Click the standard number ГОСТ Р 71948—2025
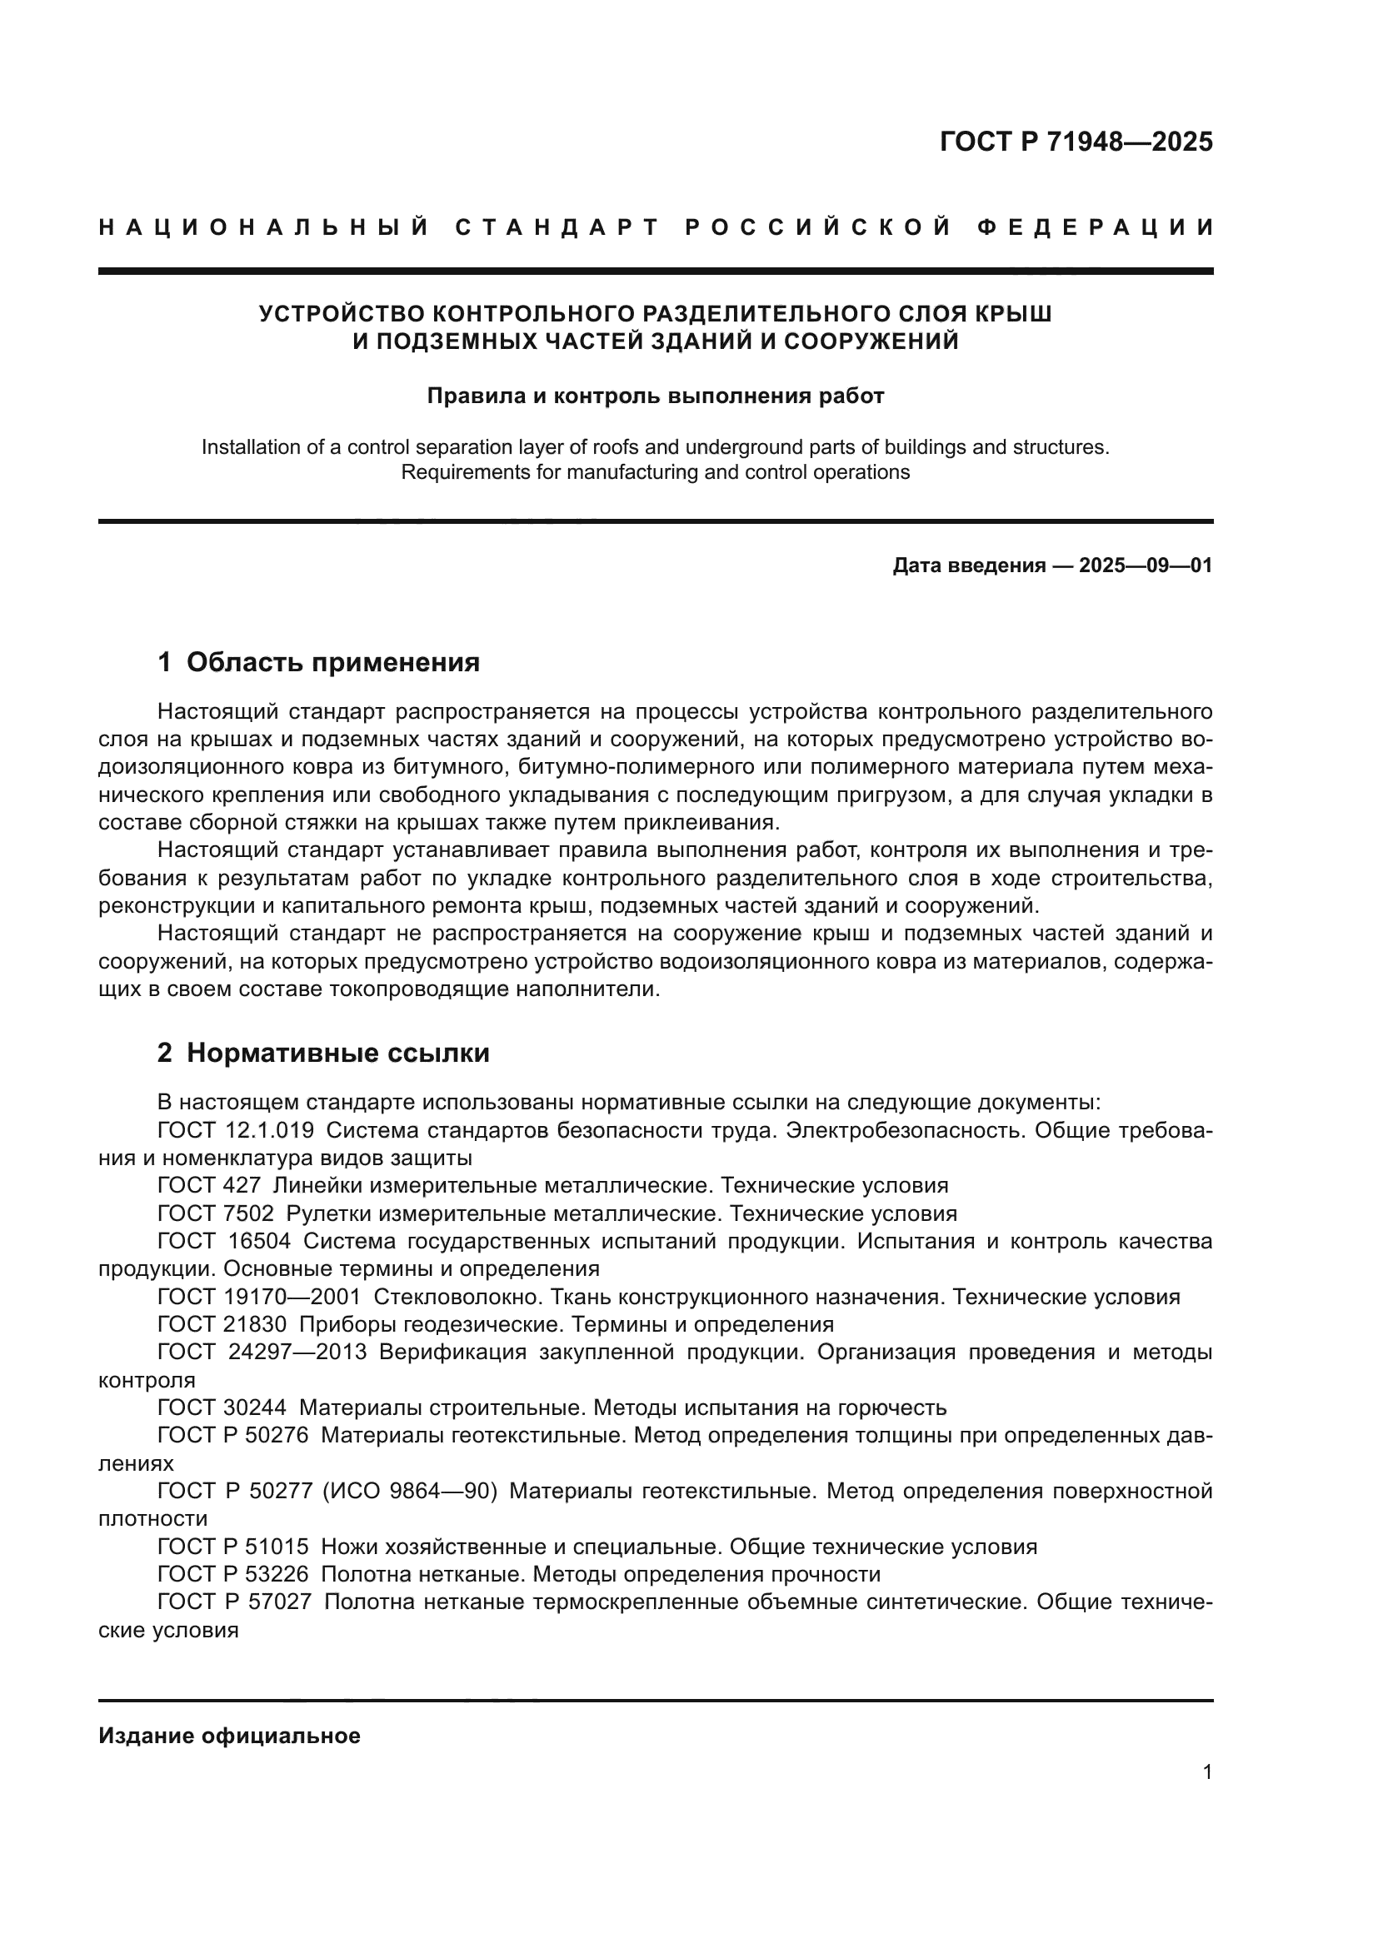pyautogui.click(x=1076, y=142)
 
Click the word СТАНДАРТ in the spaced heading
pyautogui.click(x=557, y=227)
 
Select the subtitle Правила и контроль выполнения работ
pyautogui.click(x=655, y=396)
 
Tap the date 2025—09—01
pyautogui.click(x=1145, y=565)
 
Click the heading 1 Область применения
pyautogui.click(x=318, y=662)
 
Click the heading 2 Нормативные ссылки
pyautogui.click(x=323, y=1053)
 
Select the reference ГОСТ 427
pyautogui.click(x=209, y=1185)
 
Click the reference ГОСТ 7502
pyautogui.click(x=216, y=1213)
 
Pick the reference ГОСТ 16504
pyautogui.click(x=224, y=1241)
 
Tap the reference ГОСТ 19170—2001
pyautogui.click(x=259, y=1297)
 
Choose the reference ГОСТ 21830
pyautogui.click(x=222, y=1324)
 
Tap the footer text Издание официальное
pyautogui.click(x=229, y=1736)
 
